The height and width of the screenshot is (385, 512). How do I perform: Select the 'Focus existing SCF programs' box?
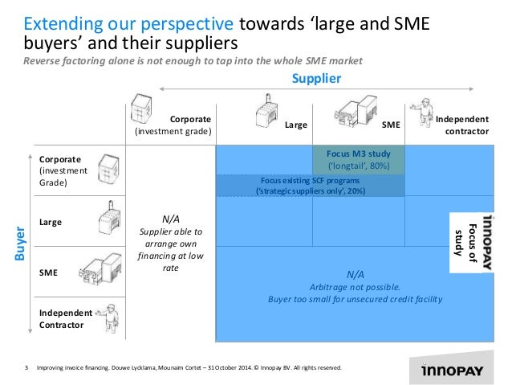310,186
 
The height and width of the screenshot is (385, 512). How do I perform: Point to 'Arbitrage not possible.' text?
353,286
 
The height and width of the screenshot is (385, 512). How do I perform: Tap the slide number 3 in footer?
26,367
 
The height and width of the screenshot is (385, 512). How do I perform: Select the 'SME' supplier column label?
391,125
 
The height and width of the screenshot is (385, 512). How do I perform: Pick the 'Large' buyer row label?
51,221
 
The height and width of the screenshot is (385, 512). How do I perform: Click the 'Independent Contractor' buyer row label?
61,318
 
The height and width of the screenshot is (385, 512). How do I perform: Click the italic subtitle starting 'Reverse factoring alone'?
193,62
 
